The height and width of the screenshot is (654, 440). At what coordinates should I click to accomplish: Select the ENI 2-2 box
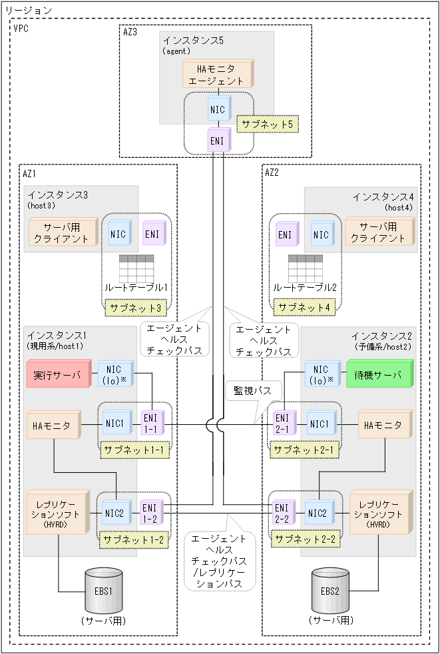282,513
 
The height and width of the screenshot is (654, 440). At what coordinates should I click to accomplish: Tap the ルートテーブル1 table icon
136,268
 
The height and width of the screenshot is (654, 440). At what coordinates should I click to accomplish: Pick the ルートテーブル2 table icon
306,268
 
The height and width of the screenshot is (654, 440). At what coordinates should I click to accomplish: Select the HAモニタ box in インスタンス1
52,424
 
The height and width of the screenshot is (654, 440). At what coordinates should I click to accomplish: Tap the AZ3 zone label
131,31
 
